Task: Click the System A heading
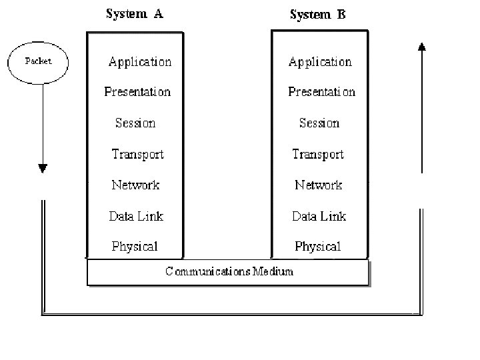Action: pyautogui.click(x=134, y=14)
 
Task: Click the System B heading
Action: pyautogui.click(x=317, y=15)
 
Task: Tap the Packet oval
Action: pyautogui.click(x=38, y=61)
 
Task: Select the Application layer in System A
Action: pyautogui.click(x=140, y=62)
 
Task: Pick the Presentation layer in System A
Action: pyautogui.click(x=137, y=92)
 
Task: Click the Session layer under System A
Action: pyautogui.click(x=135, y=123)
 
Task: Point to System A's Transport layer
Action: pyautogui.click(x=137, y=154)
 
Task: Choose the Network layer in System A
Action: pyautogui.click(x=135, y=185)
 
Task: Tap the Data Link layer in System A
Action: pyautogui.click(x=136, y=216)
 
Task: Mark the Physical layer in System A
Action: pyautogui.click(x=135, y=247)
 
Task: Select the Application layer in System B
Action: pyautogui.click(x=320, y=62)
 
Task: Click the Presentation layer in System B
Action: pyautogui.click(x=321, y=92)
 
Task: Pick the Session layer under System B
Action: pyautogui.click(x=319, y=123)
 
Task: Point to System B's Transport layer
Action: pyautogui.click(x=318, y=154)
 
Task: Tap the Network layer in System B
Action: pyautogui.click(x=319, y=185)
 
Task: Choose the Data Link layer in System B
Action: pyautogui.click(x=319, y=216)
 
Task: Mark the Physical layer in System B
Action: pyautogui.click(x=318, y=247)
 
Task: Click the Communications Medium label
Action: pyautogui.click(x=229, y=271)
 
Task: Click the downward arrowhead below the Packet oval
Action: pyautogui.click(x=43, y=169)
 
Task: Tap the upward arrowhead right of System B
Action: pyautogui.click(x=421, y=47)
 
